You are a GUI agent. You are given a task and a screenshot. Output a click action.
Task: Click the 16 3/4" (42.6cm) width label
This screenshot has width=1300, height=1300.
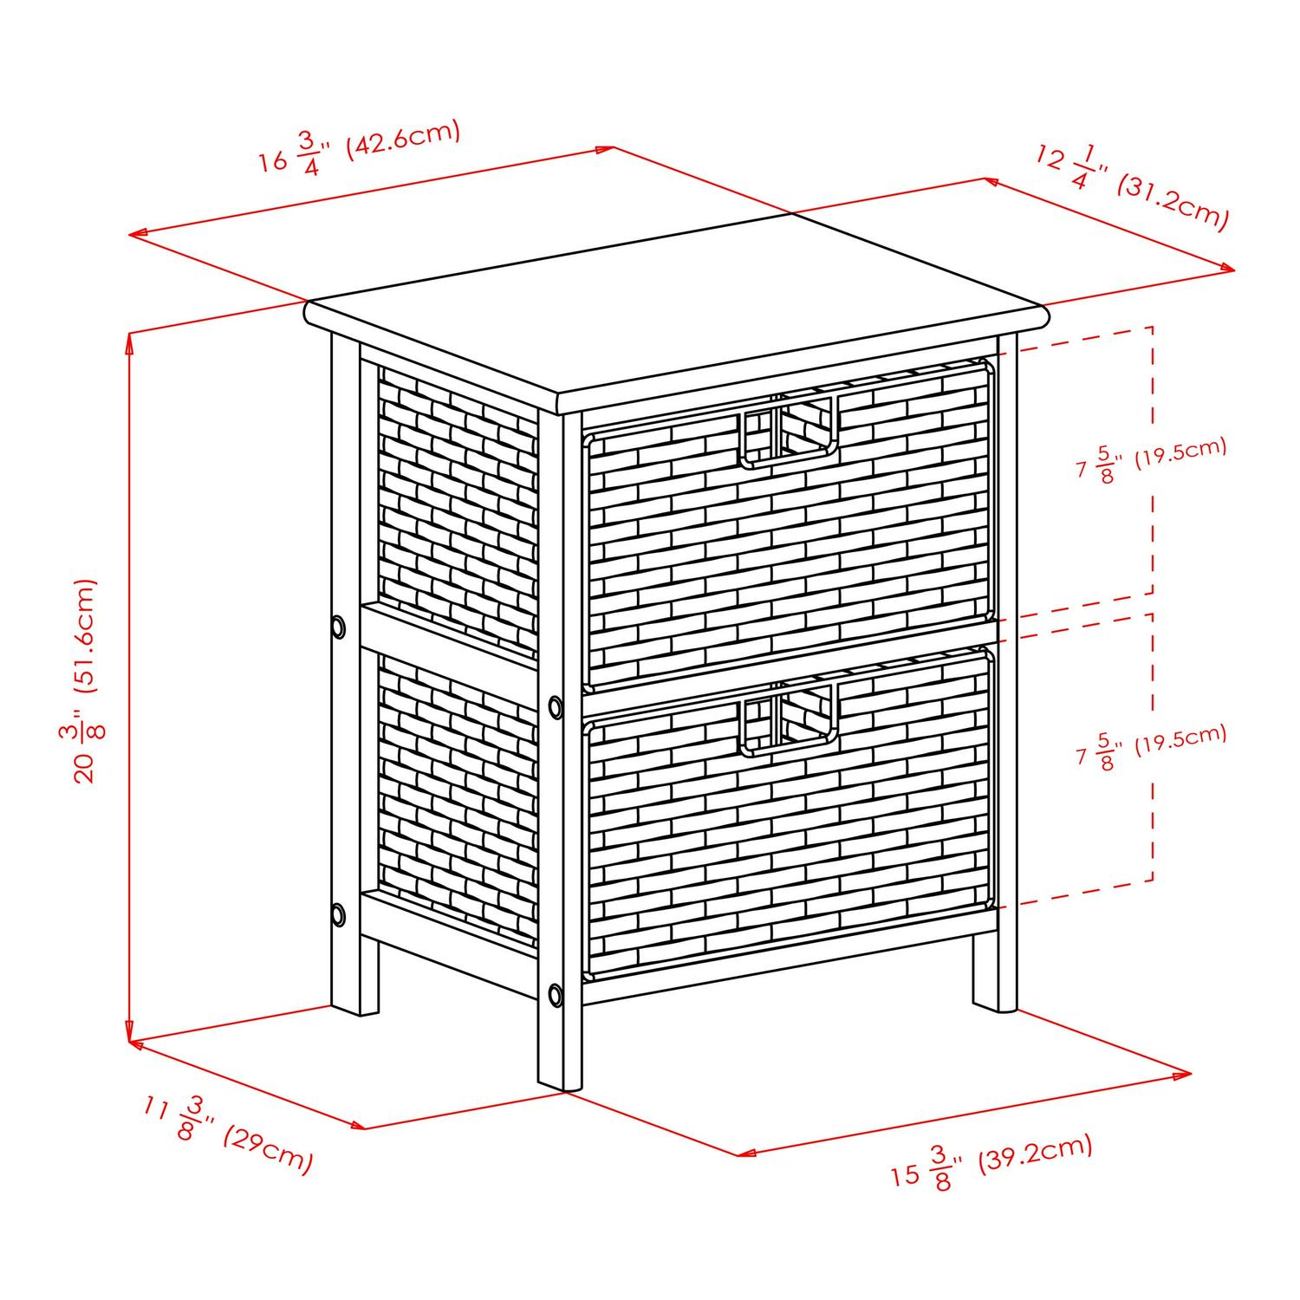pyautogui.click(x=359, y=148)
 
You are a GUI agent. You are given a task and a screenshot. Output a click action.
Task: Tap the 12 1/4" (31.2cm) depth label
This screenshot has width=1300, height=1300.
pyautogui.click(x=1131, y=189)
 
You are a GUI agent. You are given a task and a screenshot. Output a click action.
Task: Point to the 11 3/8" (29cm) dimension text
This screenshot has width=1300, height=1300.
pyautogui.click(x=227, y=1134)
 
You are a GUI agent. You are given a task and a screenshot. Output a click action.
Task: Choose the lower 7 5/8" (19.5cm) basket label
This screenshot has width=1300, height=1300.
pyautogui.click(x=1151, y=746)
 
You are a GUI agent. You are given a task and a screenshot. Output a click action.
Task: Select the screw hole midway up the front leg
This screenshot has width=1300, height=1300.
pyautogui.click(x=555, y=707)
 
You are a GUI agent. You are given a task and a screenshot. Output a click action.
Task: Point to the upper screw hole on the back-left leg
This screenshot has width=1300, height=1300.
pyautogui.click(x=337, y=626)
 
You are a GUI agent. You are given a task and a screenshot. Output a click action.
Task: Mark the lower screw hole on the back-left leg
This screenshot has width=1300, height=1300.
pyautogui.click(x=337, y=914)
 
